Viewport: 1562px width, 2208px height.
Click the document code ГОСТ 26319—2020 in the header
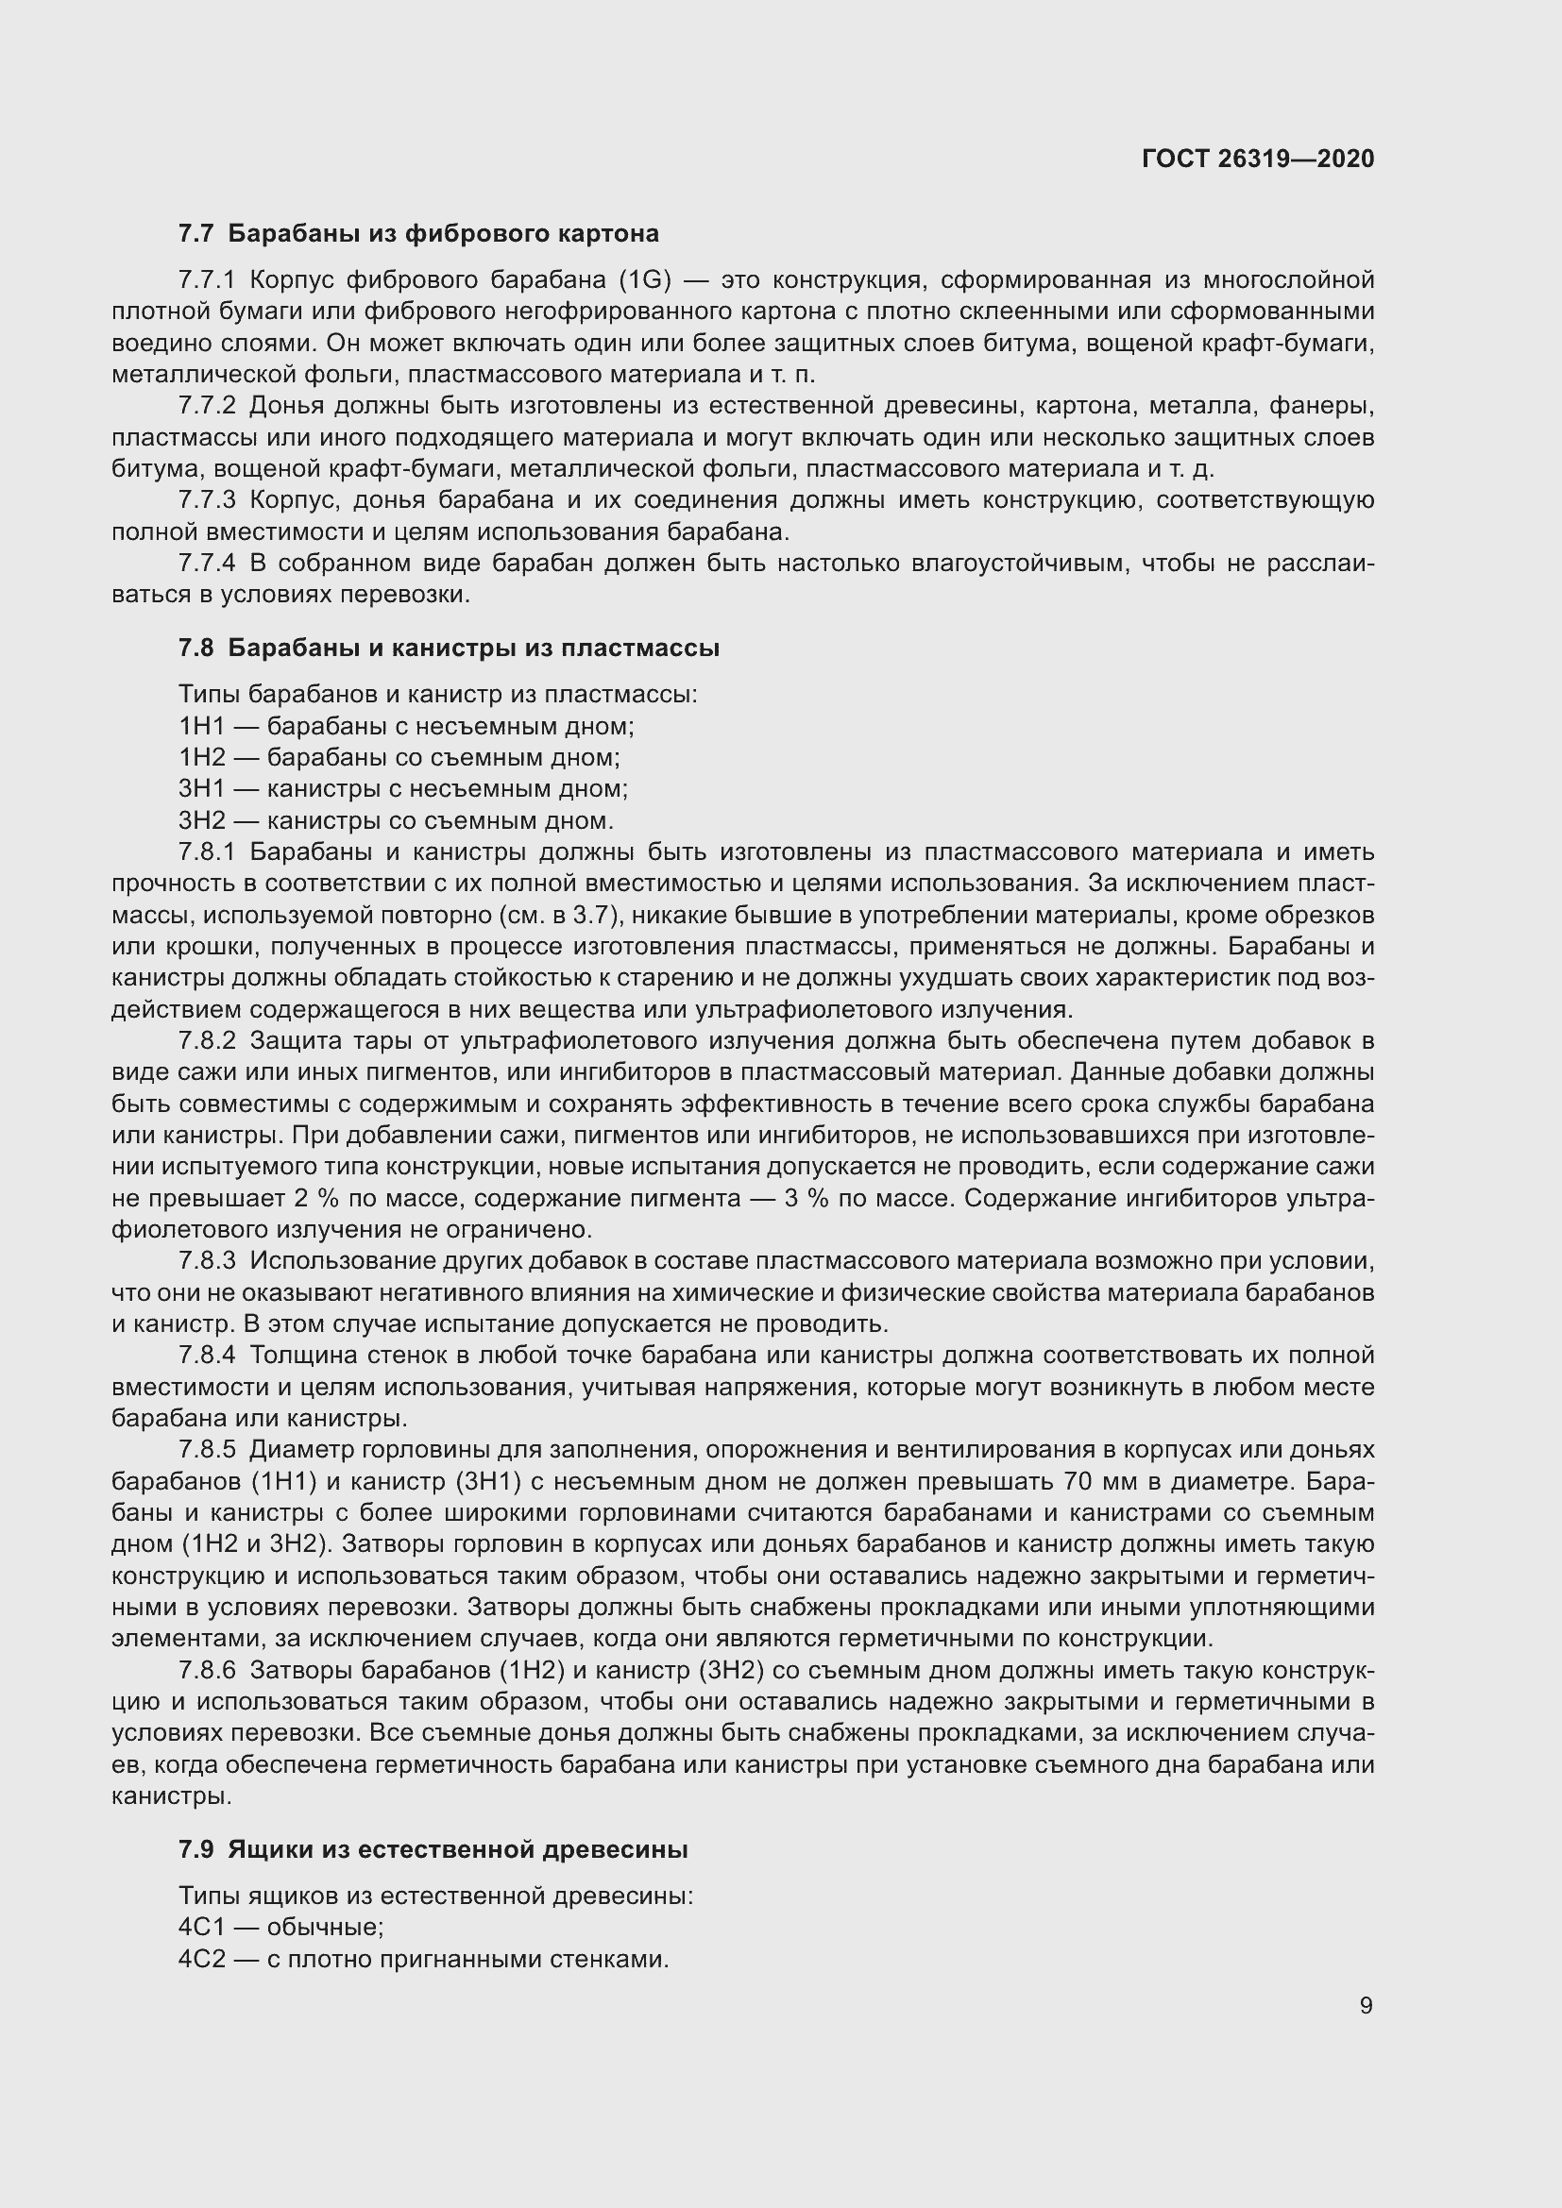pos(1257,159)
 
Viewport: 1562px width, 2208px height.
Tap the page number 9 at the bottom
pos(1366,2005)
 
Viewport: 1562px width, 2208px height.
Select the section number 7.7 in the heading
pos(196,234)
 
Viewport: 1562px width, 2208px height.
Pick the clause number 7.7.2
pos(207,407)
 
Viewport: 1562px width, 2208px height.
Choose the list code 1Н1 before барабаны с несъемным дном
pos(201,726)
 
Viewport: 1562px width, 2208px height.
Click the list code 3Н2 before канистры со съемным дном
pos(201,820)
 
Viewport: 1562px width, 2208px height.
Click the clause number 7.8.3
pos(207,1261)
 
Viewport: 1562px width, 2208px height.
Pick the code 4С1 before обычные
pos(201,1929)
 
